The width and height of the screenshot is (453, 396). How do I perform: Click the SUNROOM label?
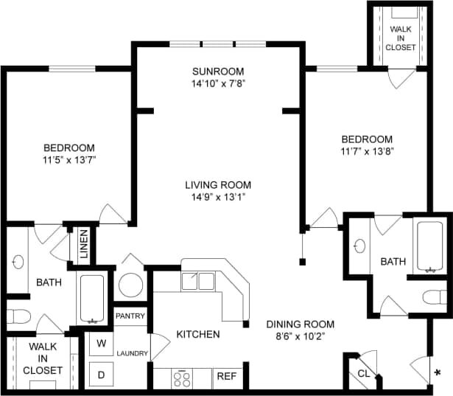coord(217,72)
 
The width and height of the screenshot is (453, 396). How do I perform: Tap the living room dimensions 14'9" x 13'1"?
coord(217,197)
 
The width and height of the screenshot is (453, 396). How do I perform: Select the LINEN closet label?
coord(83,244)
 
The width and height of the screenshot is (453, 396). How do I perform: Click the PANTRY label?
coord(130,316)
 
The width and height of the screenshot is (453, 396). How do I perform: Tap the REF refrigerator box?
coord(226,377)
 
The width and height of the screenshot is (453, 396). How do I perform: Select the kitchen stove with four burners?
coord(182,378)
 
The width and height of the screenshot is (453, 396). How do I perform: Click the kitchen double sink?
coord(197,281)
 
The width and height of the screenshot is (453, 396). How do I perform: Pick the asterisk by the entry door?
coord(439,372)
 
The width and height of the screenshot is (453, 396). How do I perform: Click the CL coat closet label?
coord(364,373)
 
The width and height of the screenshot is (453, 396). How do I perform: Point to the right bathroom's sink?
coord(359,246)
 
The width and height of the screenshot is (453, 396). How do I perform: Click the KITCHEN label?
coord(197,334)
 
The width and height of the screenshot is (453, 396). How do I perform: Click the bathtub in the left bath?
coord(92,299)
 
